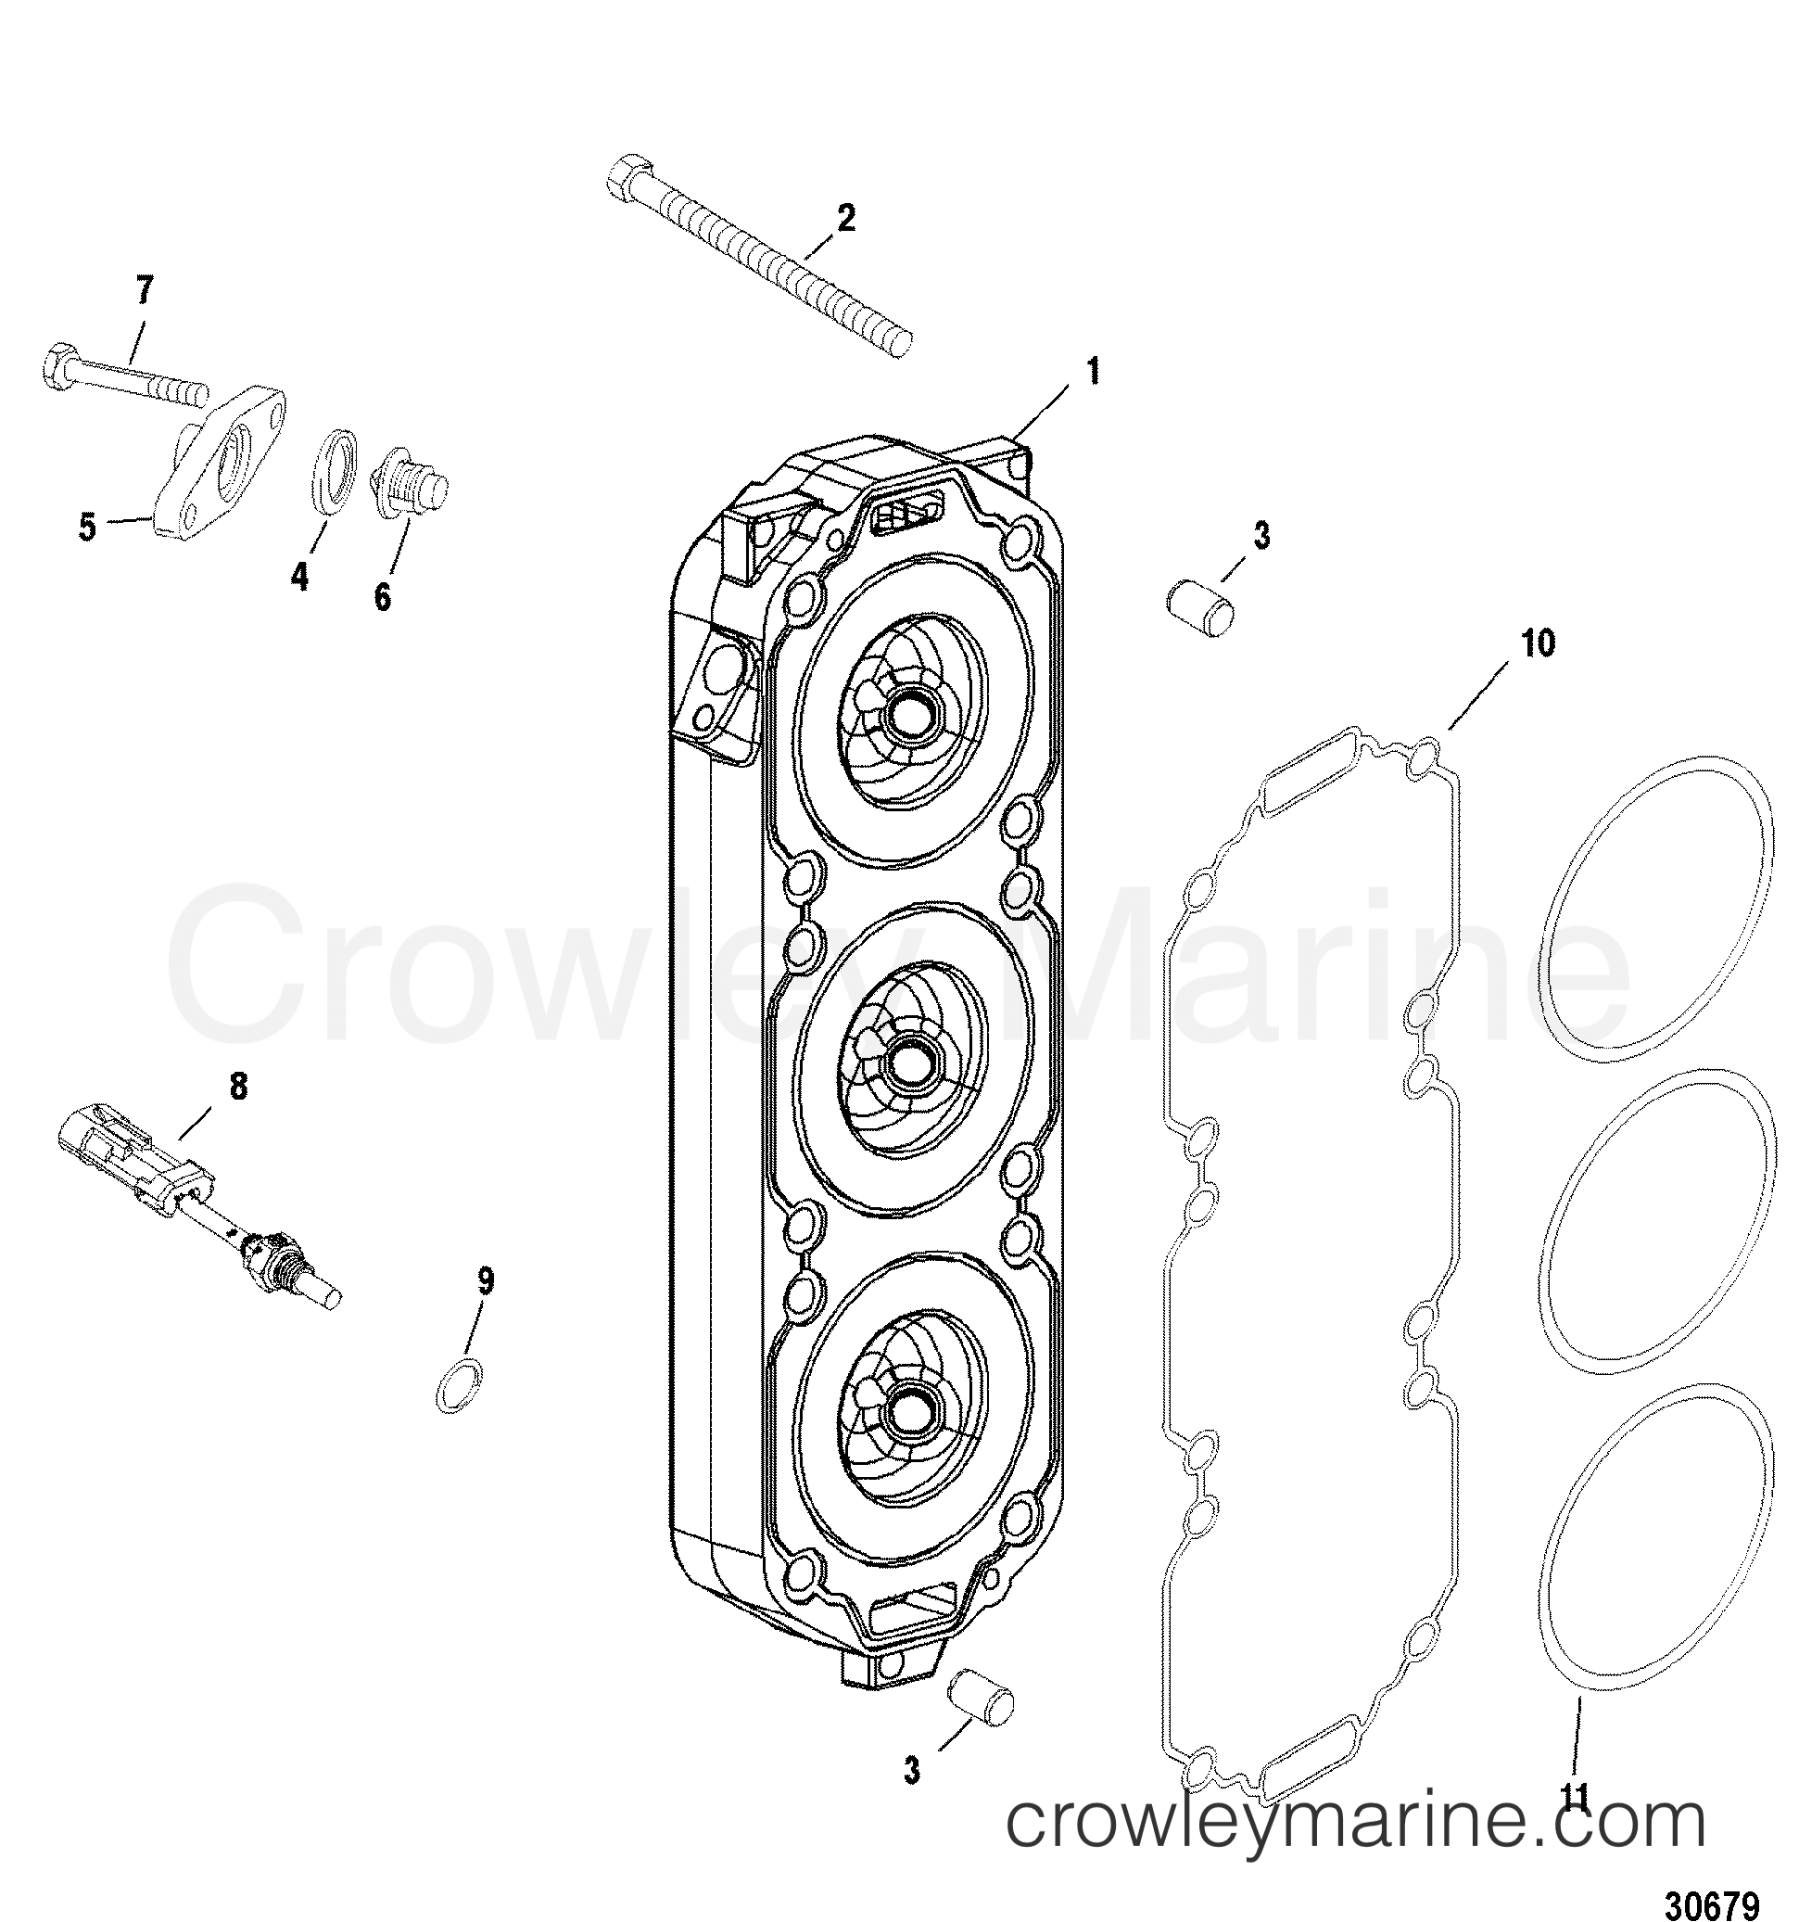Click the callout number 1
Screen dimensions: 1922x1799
pyautogui.click(x=1092, y=371)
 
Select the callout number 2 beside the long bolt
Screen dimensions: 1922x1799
pyautogui.click(x=845, y=219)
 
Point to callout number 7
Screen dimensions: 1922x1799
pyautogui.click(x=144, y=289)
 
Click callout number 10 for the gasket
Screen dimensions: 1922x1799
pyautogui.click(x=1538, y=643)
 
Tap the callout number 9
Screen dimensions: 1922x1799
pyautogui.click(x=486, y=1282)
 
